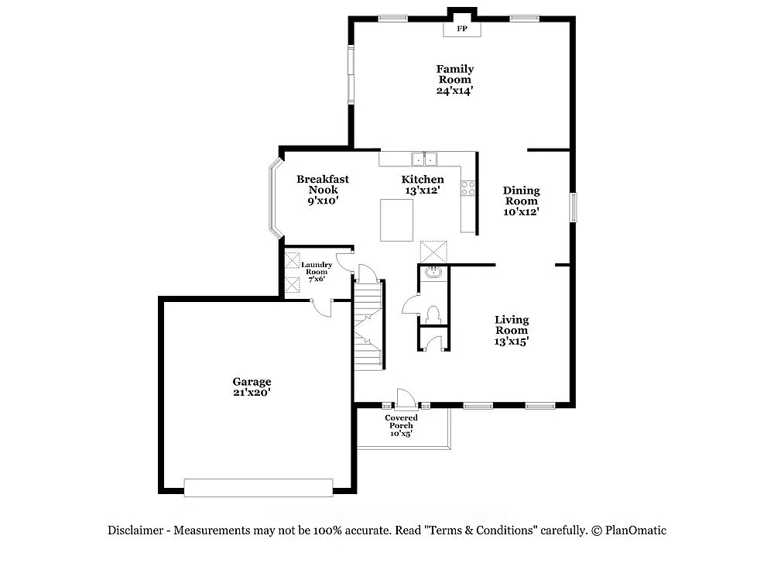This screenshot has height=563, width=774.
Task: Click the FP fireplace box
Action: [x=462, y=29]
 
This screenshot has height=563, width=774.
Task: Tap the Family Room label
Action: [x=454, y=74]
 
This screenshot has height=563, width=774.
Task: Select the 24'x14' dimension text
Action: [x=454, y=91]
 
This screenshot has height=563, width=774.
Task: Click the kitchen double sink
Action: [x=424, y=159]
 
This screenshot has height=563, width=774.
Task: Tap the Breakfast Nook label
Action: [x=323, y=184]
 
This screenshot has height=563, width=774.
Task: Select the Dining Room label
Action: [x=521, y=195]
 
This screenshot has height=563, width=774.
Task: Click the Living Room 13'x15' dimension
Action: [x=512, y=340]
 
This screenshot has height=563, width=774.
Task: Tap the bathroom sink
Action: [x=433, y=273]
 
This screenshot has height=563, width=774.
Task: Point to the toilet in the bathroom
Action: [x=433, y=314]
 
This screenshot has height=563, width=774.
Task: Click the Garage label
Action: [x=252, y=382]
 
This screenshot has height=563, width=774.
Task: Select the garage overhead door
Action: [x=258, y=487]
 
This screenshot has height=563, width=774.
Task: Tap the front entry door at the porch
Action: [x=404, y=398]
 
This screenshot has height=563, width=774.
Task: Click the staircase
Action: [x=368, y=325]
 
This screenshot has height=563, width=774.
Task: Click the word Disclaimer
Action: [x=135, y=530]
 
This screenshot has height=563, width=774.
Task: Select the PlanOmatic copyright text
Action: [x=628, y=530]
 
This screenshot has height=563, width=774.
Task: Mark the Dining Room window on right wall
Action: [x=573, y=207]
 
